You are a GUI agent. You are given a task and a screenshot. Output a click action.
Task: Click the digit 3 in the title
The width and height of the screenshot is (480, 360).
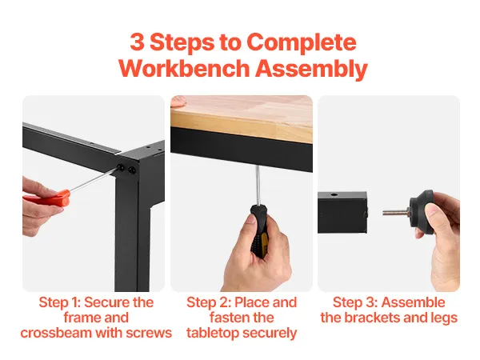pyautogui.click(x=137, y=42)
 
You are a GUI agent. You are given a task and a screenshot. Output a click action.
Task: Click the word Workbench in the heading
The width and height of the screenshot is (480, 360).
pyautogui.click(x=184, y=68)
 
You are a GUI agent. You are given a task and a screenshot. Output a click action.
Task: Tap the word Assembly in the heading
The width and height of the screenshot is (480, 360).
pyautogui.click(x=311, y=70)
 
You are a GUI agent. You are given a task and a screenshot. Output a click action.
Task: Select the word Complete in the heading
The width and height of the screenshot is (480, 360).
pyautogui.click(x=302, y=43)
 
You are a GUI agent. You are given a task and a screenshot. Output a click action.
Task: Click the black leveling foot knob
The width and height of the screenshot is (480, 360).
pyautogui.click(x=422, y=211)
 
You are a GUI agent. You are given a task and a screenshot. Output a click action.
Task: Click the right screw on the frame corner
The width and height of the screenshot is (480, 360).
pyautogui.click(x=132, y=170)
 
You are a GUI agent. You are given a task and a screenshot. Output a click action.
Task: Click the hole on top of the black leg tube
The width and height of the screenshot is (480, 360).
pyautogui.click(x=334, y=194)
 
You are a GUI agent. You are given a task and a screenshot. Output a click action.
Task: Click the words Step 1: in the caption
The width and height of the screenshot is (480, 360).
pyautogui.click(x=60, y=302)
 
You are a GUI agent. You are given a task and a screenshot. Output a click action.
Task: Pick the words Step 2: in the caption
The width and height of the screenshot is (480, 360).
pyautogui.click(x=209, y=302)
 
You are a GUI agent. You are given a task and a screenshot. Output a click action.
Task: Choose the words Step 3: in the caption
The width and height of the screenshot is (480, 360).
pyautogui.click(x=355, y=302)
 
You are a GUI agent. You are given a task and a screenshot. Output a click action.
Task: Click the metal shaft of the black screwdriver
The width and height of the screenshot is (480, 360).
pyautogui.click(x=258, y=186)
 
